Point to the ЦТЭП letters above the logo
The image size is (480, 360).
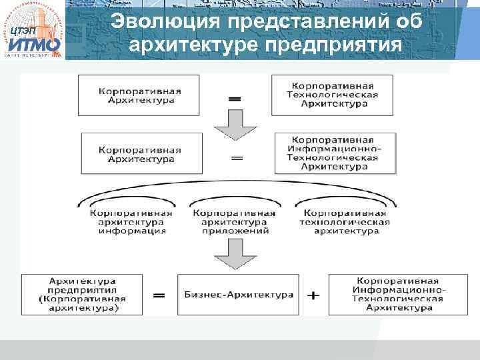coord(24,31)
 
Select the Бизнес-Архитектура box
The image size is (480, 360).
coord(239,294)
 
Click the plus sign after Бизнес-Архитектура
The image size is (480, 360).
coord(315,294)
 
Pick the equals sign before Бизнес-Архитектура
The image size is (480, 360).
coord(159,295)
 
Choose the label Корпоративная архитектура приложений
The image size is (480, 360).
coord(234,222)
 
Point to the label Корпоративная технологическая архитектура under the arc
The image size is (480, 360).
coord(344,222)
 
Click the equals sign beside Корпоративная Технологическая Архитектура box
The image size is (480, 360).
coord(235,97)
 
